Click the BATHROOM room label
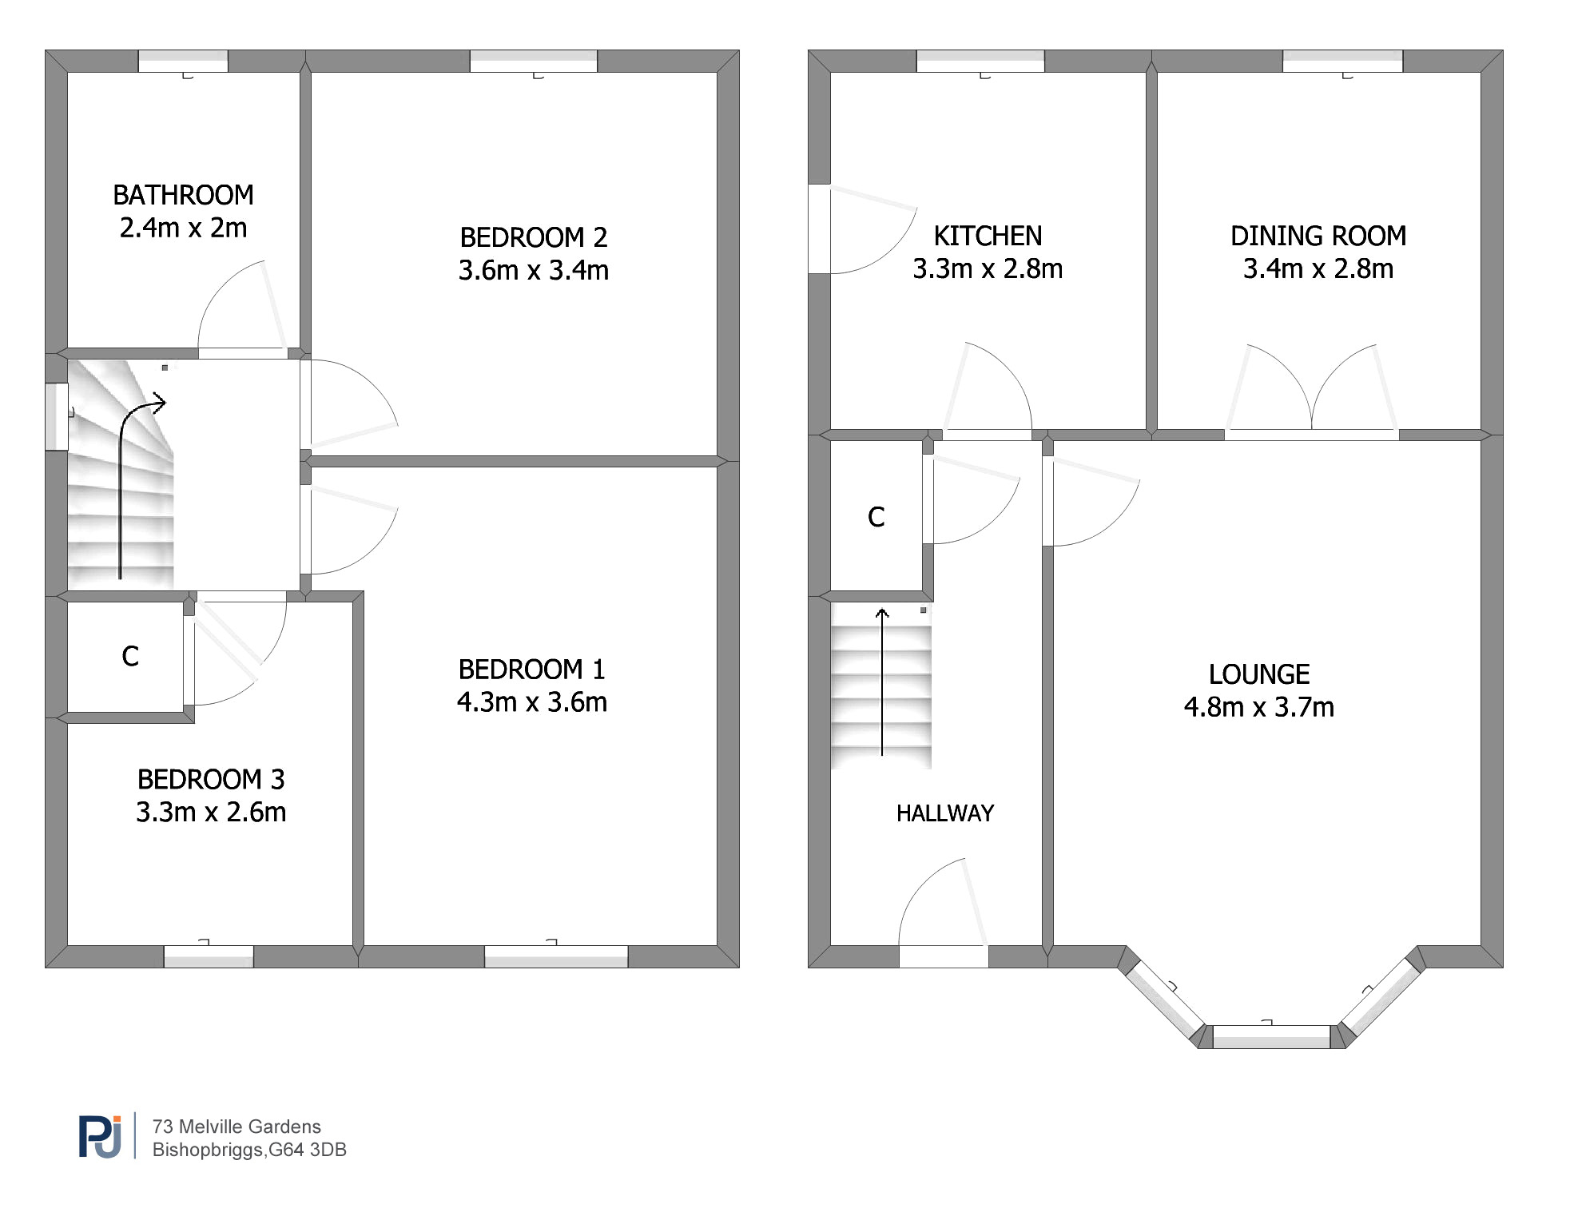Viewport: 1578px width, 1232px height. point(183,195)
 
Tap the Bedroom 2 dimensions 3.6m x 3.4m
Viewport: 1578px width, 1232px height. point(533,270)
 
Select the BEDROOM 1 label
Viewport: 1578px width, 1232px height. point(531,669)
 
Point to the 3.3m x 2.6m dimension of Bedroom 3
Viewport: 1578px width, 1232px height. point(211,812)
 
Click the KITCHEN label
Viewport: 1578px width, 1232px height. point(988,236)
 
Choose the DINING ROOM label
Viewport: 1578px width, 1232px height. point(1318,236)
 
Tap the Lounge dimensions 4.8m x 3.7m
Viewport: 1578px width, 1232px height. point(1259,707)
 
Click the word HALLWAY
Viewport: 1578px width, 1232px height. point(945,813)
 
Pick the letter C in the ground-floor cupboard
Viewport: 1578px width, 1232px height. point(876,517)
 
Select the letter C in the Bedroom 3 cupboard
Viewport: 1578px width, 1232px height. point(130,656)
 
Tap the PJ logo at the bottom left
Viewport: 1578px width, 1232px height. point(101,1136)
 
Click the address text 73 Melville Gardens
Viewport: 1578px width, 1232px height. point(237,1127)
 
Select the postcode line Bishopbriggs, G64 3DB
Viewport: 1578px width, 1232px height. point(249,1150)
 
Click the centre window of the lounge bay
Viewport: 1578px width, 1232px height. point(1272,1036)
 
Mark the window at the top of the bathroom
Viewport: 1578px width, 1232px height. point(183,62)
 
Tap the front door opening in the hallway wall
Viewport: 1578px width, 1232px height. point(944,956)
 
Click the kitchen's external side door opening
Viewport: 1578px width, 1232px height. point(820,229)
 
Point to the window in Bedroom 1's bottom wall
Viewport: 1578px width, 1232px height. point(556,956)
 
